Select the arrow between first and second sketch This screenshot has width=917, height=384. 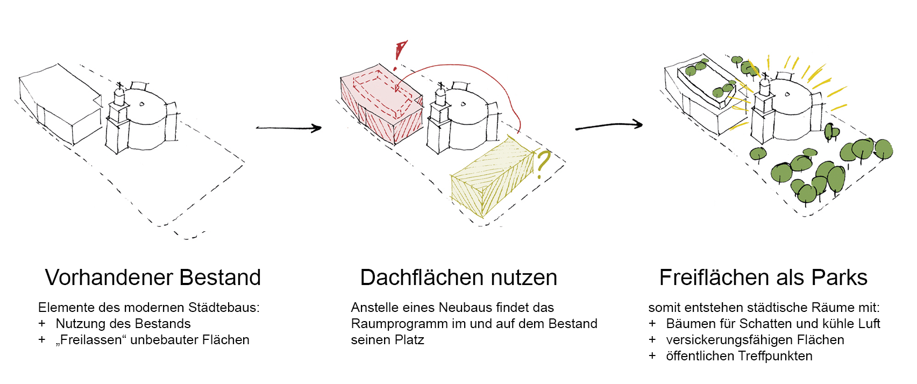[288, 128]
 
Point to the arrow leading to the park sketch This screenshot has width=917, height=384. [609, 126]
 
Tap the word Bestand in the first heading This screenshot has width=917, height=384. [221, 278]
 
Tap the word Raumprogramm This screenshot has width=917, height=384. [399, 324]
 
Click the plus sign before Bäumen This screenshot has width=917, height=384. [652, 324]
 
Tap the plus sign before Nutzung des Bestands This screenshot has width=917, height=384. [42, 324]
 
